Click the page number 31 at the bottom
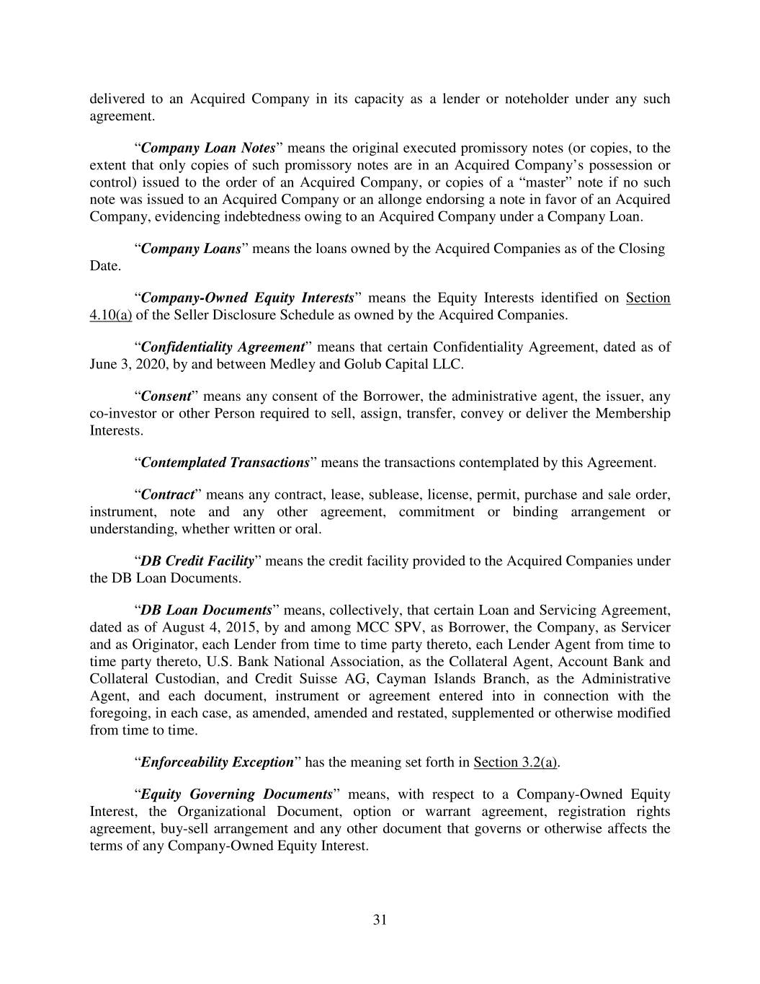click(380, 919)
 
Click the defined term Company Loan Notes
click(208, 148)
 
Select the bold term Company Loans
click(191, 249)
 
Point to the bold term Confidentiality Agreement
click(223, 347)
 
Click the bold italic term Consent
click(166, 396)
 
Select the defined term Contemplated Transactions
click(225, 462)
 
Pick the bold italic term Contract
click(168, 495)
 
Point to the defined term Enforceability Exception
click(217, 762)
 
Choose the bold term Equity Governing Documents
click(236, 794)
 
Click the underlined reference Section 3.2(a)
click(516, 762)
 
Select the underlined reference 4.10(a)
click(110, 315)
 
